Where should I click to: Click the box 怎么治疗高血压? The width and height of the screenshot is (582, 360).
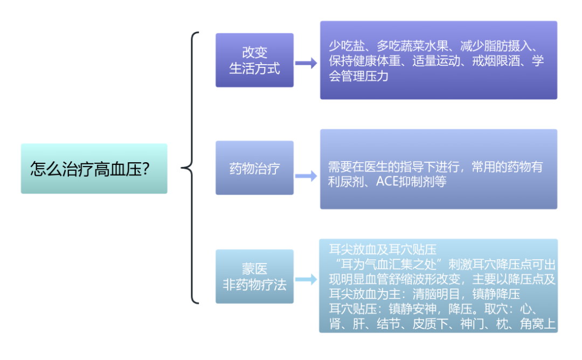(x=94, y=169)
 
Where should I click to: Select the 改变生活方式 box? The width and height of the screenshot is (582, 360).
(x=254, y=60)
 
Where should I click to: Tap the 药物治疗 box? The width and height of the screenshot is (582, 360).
(x=254, y=168)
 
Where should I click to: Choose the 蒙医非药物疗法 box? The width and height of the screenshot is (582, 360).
(x=254, y=276)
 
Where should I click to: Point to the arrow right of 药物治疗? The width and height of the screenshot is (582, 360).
(x=306, y=174)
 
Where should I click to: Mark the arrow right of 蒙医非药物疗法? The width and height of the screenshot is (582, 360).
(x=306, y=279)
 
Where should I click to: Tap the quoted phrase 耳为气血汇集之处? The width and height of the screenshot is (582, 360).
(x=389, y=265)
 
